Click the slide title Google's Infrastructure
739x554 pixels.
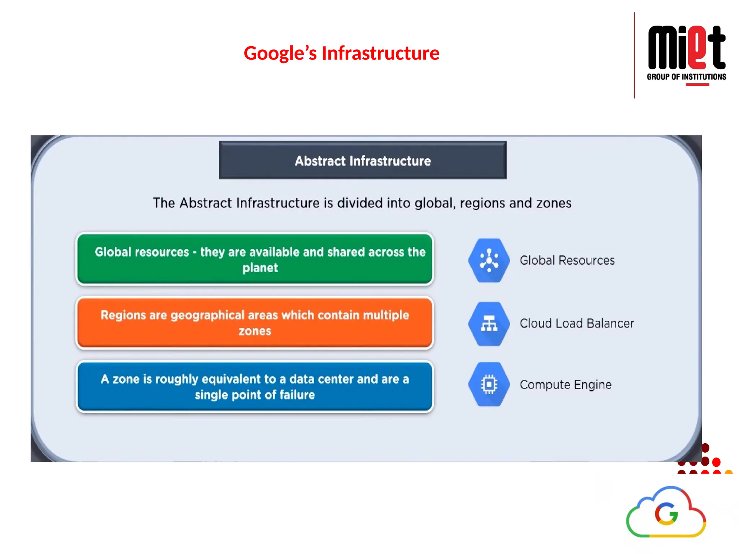[341, 53]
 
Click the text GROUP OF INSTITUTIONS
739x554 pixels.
[686, 77]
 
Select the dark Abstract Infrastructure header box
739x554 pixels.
[363, 161]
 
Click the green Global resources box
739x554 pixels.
[255, 259]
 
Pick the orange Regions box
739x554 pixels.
[255, 322]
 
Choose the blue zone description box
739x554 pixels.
[255, 386]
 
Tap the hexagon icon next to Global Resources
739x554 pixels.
[489, 260]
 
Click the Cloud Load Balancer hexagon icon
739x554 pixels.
[489, 324]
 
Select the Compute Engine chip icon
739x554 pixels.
[489, 384]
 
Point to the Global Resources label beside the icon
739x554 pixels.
[567, 260]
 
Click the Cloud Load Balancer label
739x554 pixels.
[577, 324]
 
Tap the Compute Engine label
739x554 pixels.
[565, 384]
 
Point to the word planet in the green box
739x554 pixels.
[260, 268]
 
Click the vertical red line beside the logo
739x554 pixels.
[634, 55]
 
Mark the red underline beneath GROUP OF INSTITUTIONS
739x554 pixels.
[697, 85]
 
